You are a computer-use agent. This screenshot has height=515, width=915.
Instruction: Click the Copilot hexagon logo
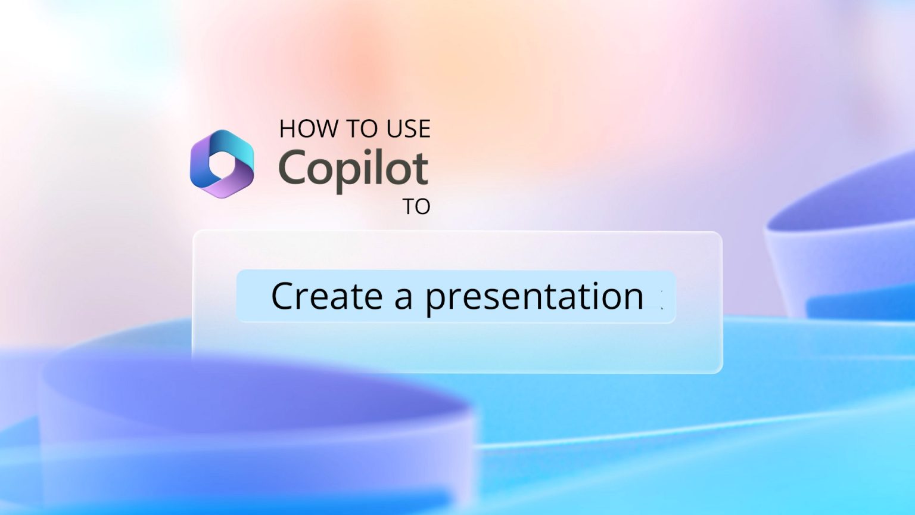pos(222,164)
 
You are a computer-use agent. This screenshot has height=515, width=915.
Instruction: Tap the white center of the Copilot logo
pos(223,165)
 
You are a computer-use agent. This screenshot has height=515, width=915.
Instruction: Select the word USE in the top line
pos(408,129)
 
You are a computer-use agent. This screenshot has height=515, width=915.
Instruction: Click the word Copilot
pos(353,169)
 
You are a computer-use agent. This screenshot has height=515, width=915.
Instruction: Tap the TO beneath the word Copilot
pos(416,207)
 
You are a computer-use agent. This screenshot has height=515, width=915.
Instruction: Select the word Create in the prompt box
pos(326,296)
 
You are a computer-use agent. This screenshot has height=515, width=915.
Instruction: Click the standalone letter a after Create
pos(403,297)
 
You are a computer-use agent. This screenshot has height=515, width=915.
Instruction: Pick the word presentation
pos(534,297)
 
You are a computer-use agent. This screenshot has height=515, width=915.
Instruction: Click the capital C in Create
pos(284,296)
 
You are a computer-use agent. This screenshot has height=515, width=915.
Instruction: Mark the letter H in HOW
pos(288,129)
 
